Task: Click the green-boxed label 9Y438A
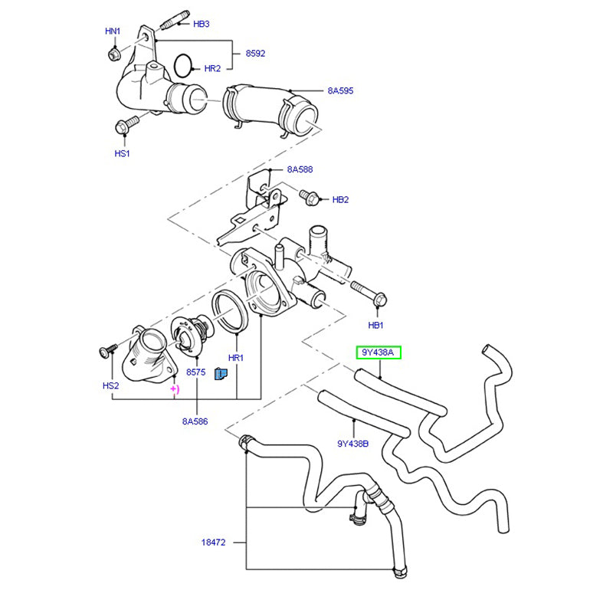coord(379,353)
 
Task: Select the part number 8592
coord(255,54)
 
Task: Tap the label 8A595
coord(340,90)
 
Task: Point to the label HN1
coord(113,31)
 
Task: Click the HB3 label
coord(201,24)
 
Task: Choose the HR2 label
coord(212,69)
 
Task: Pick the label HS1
coord(122,154)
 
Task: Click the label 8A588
coord(300,169)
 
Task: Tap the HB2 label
coord(340,199)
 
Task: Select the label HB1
coord(375,325)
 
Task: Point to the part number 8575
coord(197,372)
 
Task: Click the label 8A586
coord(195,421)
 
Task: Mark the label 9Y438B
coord(352,443)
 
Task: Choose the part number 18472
coord(214,543)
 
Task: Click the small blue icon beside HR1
coord(221,374)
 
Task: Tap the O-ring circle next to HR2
coord(183,66)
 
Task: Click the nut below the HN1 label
coord(114,54)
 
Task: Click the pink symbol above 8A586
coord(175,389)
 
